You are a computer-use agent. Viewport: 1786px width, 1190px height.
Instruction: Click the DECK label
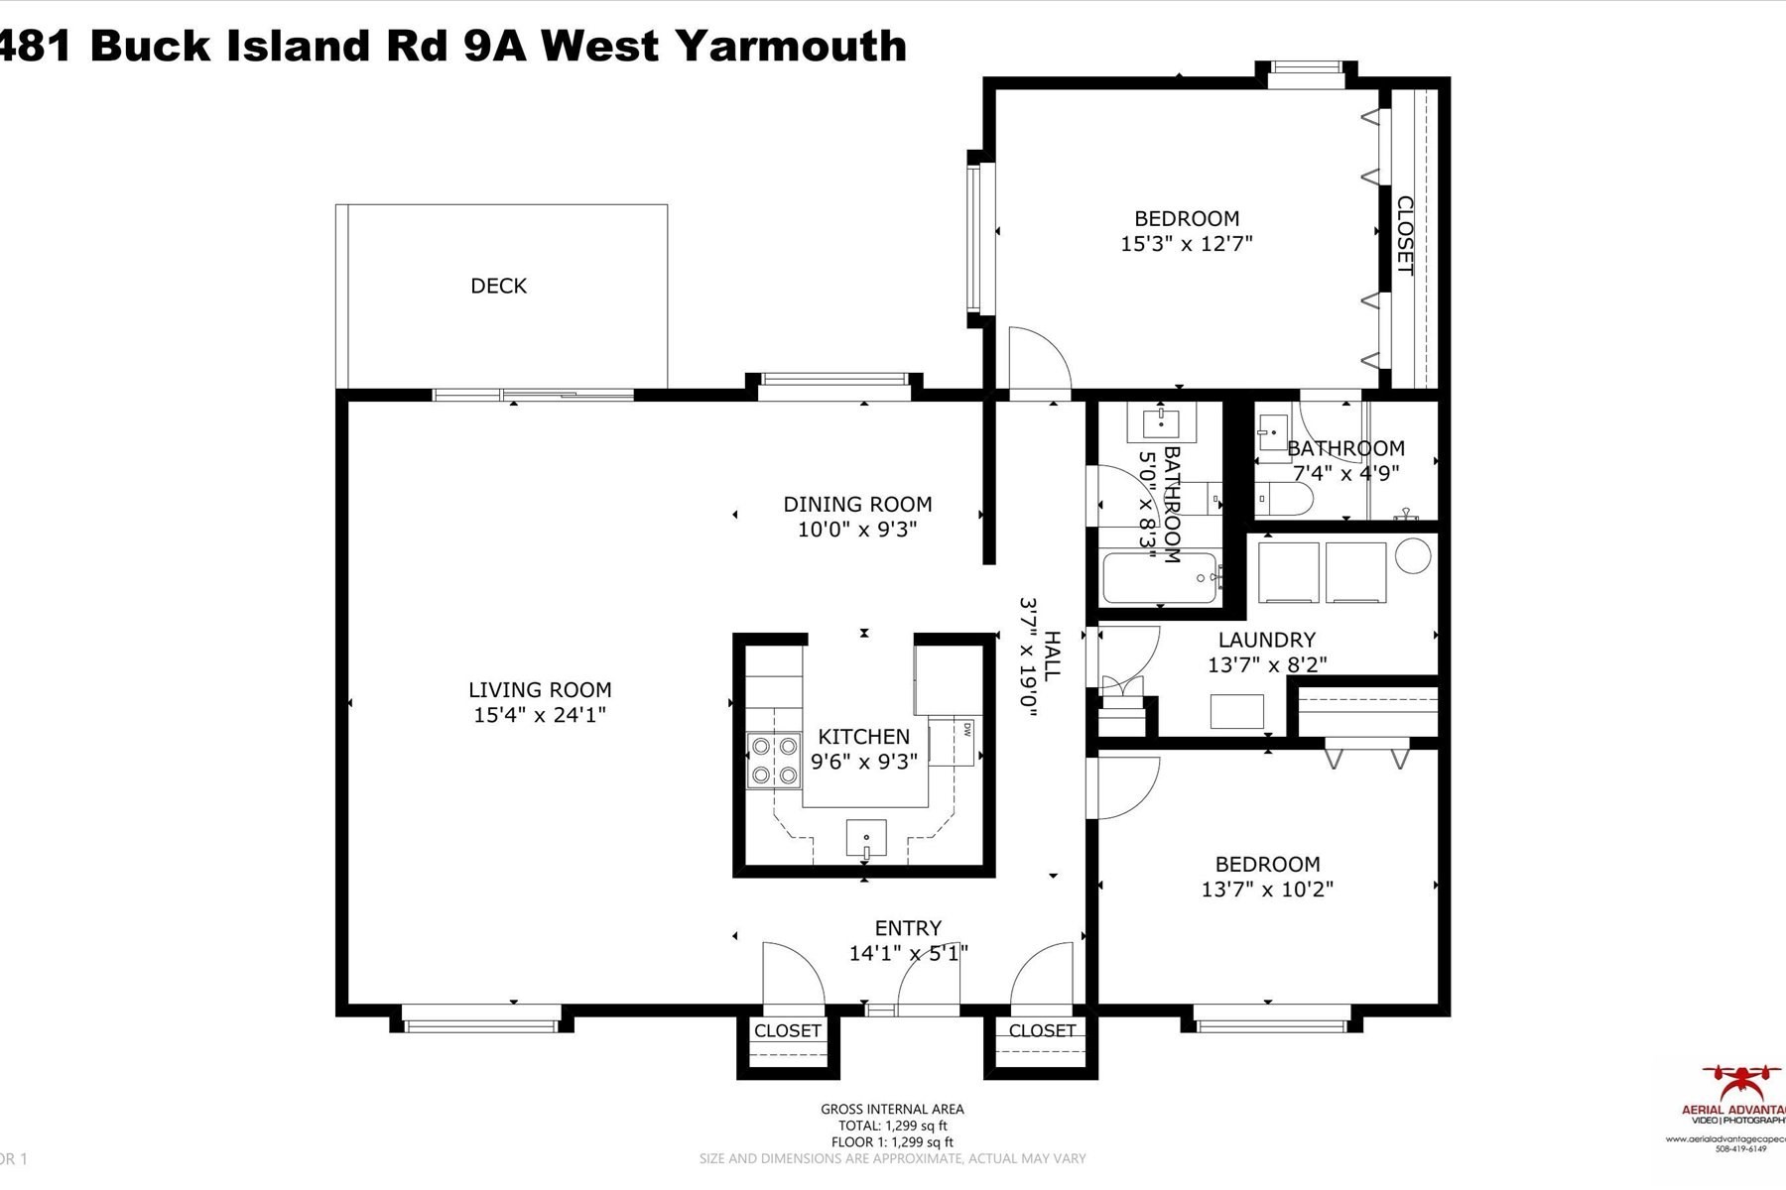[498, 286]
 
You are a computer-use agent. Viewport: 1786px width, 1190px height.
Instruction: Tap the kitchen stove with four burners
[774, 760]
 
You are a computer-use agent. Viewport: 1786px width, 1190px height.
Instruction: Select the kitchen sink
[866, 838]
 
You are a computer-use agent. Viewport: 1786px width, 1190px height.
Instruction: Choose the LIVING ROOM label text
[540, 689]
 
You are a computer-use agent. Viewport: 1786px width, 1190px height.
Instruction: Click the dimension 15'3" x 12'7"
[1187, 244]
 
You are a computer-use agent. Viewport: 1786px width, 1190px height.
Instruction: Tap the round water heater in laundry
[1413, 555]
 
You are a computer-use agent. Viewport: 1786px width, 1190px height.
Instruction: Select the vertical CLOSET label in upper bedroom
[1405, 235]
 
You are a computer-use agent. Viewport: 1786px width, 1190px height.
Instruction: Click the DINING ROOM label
[857, 504]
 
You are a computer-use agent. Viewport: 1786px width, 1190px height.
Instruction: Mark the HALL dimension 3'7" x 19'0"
[1028, 655]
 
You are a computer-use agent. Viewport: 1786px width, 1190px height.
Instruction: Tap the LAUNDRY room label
[1267, 640]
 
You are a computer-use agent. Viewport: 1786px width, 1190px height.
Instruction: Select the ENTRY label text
[908, 928]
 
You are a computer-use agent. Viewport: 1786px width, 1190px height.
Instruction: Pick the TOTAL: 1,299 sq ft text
[892, 1126]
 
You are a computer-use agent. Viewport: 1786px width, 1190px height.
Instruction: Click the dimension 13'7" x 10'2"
[1267, 890]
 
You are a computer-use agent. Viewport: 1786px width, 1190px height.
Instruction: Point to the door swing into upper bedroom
[1037, 359]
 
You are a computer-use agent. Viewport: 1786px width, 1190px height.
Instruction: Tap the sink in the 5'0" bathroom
[1161, 423]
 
